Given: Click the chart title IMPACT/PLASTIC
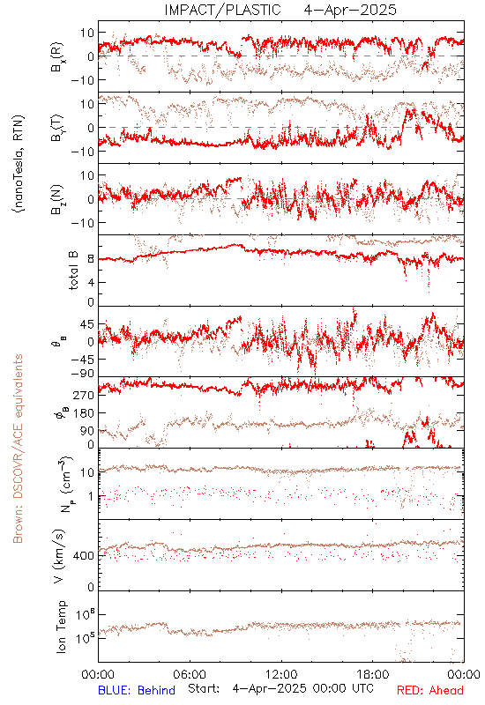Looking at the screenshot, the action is pos(223,10).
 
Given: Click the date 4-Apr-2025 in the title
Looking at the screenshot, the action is pos(350,10).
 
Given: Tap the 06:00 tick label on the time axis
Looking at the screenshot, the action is pos(190,674).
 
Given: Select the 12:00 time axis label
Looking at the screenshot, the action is pos(281,674).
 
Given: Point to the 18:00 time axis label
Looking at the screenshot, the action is pos(373,674).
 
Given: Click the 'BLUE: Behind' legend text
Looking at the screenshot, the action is pos(137,690).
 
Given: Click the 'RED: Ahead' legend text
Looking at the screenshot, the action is pos(429,690).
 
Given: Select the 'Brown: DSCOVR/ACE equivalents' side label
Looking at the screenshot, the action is pos(18,449).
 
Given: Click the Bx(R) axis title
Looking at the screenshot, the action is pos(57,57).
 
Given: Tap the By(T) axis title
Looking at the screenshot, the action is pos(57,128).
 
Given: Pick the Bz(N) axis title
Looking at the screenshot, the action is pos(57,199).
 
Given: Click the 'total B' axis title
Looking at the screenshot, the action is pos(73,271).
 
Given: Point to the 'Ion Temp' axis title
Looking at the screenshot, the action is pos(61,627).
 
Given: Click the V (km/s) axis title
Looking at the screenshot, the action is pos(59,556).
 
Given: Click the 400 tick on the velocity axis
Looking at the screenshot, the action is pos(84,556).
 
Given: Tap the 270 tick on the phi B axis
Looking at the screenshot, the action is pos(84,395).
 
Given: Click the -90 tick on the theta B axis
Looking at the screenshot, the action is pos(82,373).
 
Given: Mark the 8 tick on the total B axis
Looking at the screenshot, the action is pos(91,259).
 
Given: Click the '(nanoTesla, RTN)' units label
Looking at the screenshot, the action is pos(19,164).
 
